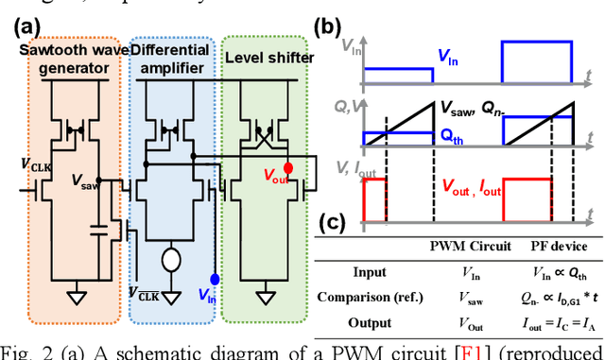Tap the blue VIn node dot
click(216, 279)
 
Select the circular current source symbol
click(171, 257)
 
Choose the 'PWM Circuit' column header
click(473, 248)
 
